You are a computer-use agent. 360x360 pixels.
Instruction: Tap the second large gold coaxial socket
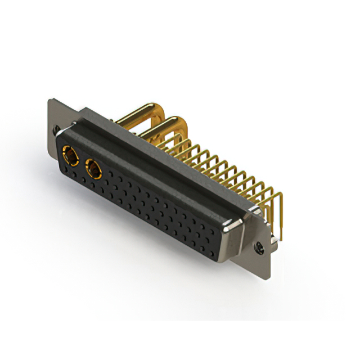point(92,167)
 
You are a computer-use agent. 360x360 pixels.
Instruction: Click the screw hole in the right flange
point(259,246)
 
